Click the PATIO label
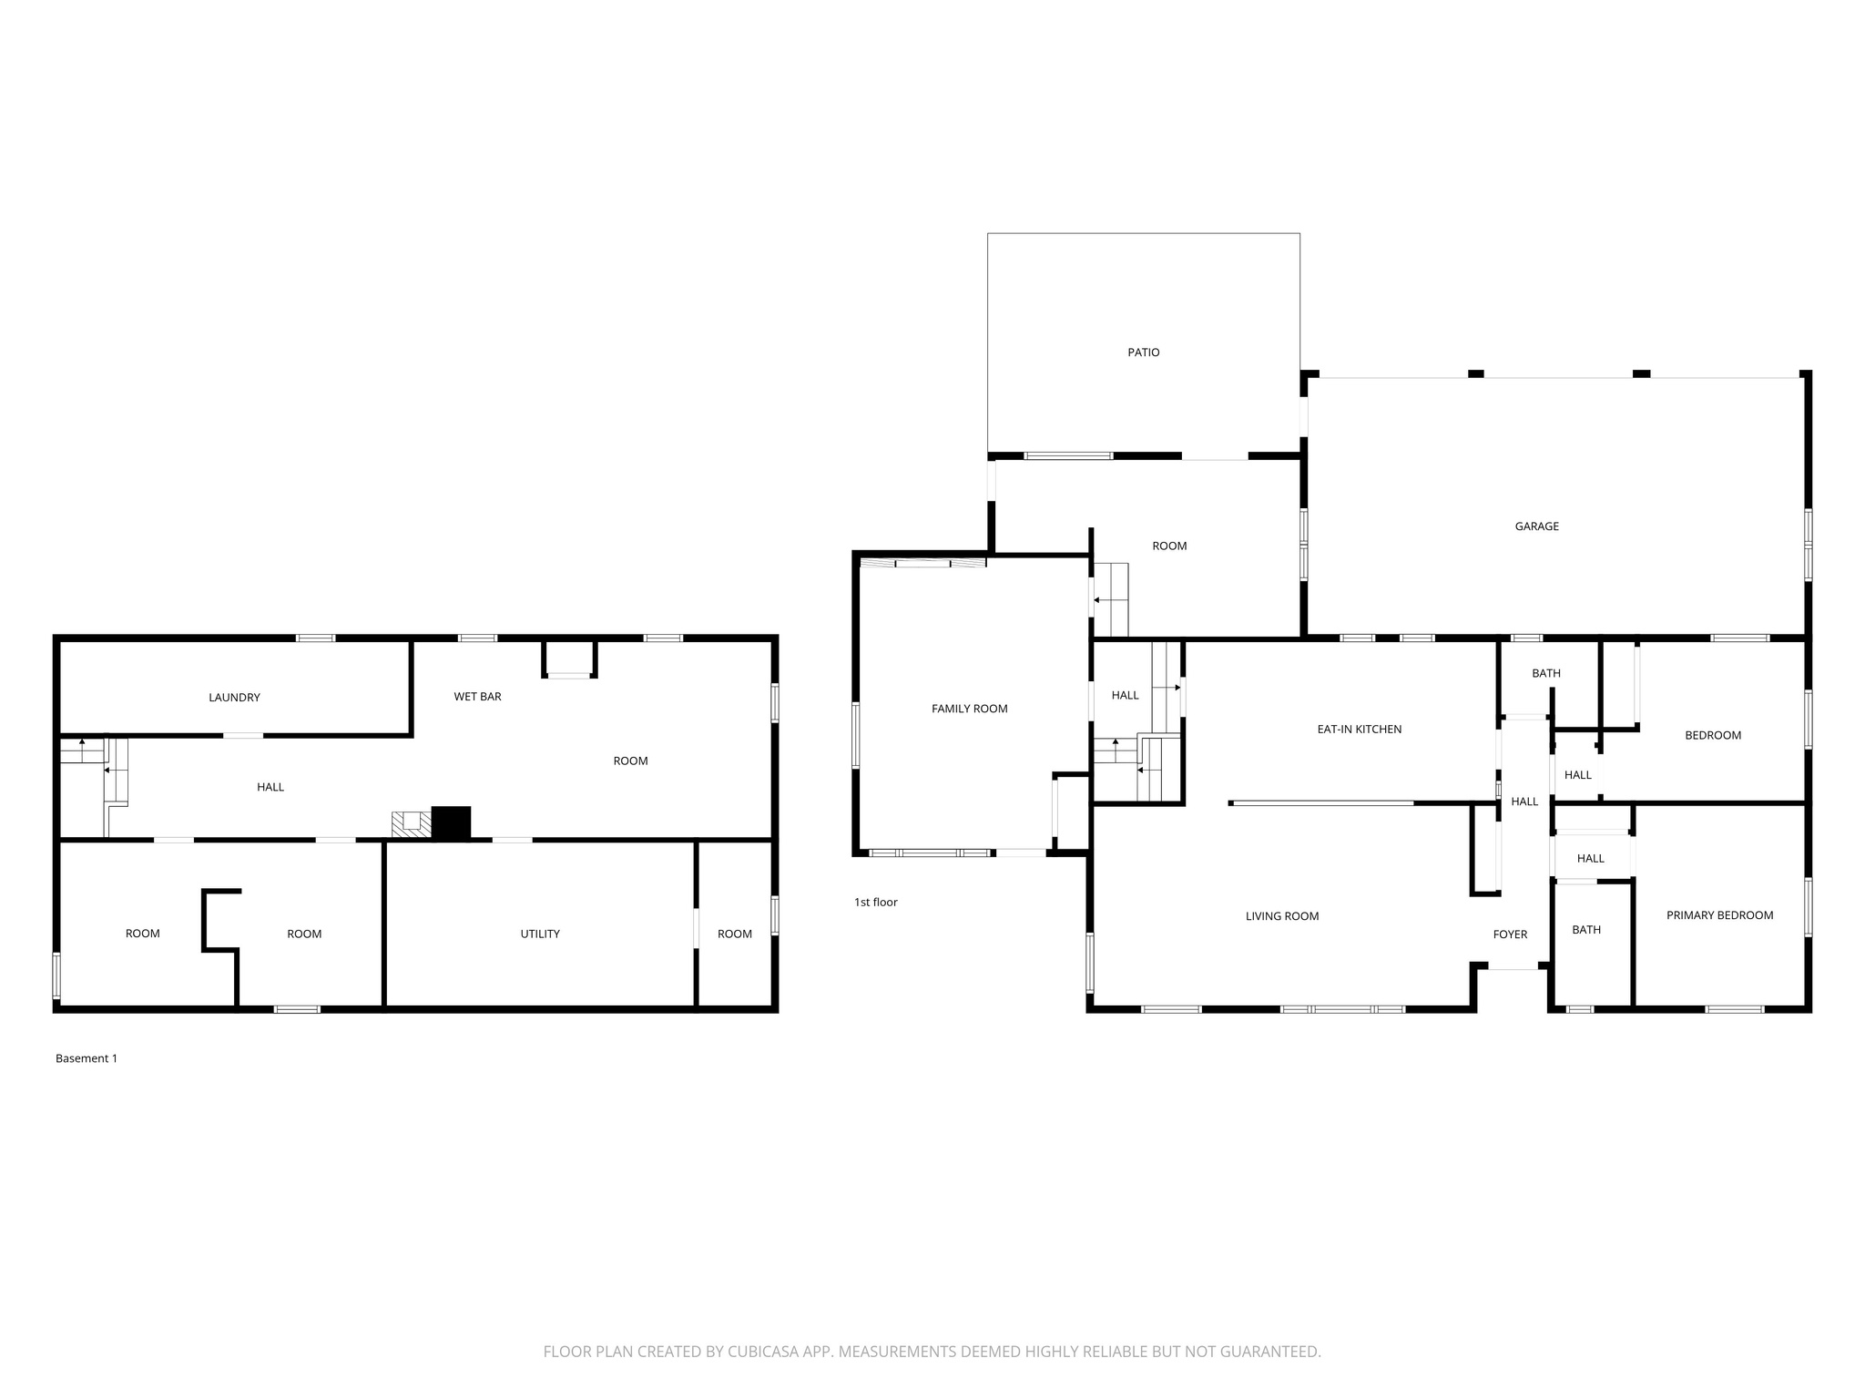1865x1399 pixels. (1144, 352)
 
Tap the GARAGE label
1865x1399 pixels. (1537, 526)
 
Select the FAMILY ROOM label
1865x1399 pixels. (969, 709)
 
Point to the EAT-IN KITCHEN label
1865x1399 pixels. (1360, 730)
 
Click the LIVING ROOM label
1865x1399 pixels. (1282, 916)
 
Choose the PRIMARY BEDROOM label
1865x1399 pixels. (1719, 915)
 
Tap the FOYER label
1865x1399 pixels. (1510, 934)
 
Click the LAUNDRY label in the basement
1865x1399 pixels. (234, 698)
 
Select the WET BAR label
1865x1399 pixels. (477, 697)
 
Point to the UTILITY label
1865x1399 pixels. (540, 934)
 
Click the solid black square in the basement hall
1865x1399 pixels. (451, 822)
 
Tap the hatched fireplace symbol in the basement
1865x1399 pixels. (411, 824)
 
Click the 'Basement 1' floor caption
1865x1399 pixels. (87, 1058)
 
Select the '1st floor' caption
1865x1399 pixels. (876, 903)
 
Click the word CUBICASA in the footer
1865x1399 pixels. (763, 1352)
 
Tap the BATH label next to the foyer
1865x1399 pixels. (1586, 930)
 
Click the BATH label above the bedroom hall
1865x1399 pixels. (1546, 674)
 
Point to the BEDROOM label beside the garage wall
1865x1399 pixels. (1713, 736)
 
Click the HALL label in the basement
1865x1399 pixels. (270, 787)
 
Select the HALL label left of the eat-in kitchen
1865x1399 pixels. (1126, 696)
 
